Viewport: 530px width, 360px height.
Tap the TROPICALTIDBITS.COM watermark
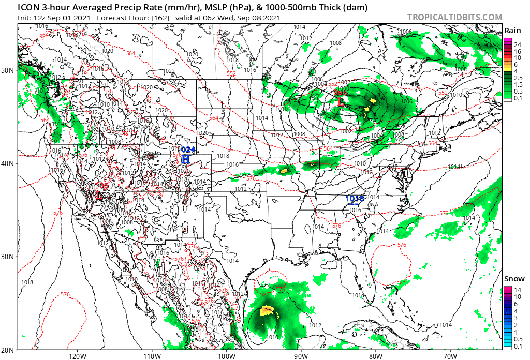point(454,18)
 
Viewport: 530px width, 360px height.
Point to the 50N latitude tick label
point(9,70)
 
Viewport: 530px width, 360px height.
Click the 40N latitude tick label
point(9,163)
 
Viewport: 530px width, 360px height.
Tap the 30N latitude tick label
point(9,257)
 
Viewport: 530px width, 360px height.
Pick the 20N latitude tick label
point(9,349)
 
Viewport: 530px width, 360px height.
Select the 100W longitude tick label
point(226,356)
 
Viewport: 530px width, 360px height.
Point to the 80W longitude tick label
point(376,356)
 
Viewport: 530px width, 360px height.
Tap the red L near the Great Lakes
point(341,102)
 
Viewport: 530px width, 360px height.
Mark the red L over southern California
point(98,196)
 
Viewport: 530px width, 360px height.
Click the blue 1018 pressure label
point(355,198)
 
